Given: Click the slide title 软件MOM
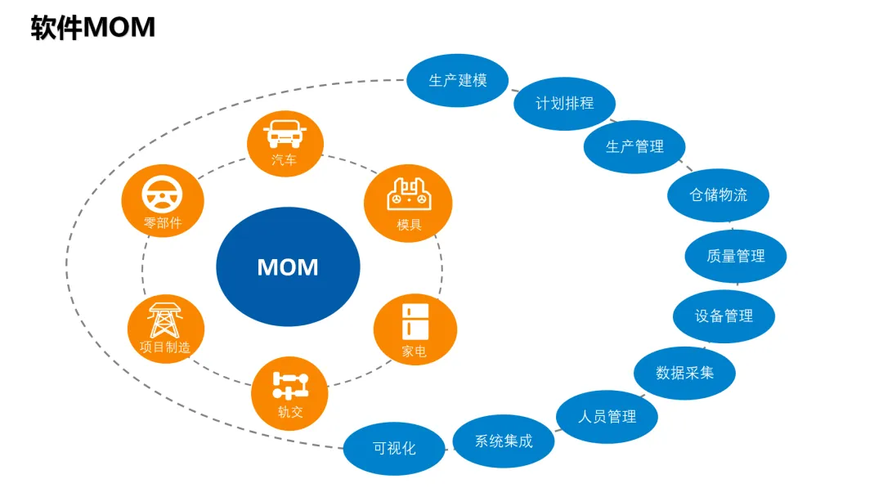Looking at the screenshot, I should click(92, 28).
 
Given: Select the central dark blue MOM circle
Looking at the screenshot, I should click(288, 266).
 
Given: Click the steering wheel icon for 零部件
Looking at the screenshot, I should click(162, 195).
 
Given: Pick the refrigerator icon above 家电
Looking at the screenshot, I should click(415, 320).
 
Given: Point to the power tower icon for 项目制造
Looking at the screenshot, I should click(165, 320).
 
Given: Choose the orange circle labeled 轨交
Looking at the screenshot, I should click(289, 393).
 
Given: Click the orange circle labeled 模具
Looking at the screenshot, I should click(408, 204).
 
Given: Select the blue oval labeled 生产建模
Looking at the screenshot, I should click(458, 80).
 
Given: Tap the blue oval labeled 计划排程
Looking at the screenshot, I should click(564, 104).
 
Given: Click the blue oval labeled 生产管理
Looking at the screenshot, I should click(634, 146).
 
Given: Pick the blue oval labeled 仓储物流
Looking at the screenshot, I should click(718, 195).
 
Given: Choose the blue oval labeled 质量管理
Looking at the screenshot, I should click(735, 256).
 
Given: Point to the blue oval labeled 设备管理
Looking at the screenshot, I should click(724, 316).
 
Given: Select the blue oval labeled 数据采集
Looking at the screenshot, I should click(684, 373).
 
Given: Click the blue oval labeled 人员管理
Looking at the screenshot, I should click(607, 417).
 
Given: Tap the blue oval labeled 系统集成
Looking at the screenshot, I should click(504, 441).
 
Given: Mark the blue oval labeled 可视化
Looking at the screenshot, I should click(394, 449).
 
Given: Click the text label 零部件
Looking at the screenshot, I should click(162, 222).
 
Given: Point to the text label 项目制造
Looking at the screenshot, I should click(165, 347).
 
